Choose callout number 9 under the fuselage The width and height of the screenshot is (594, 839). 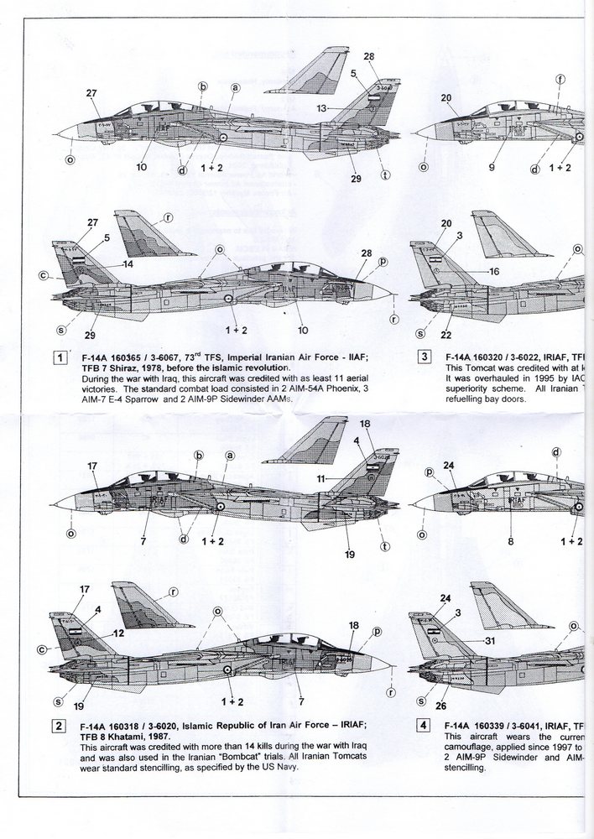pos(492,166)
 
